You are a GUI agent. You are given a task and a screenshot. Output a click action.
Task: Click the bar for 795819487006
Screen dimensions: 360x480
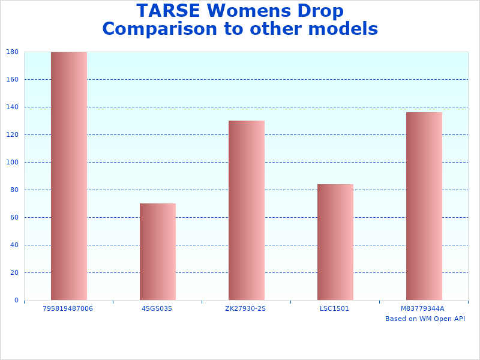(69, 176)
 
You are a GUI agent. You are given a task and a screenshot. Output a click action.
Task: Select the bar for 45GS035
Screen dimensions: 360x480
(158, 251)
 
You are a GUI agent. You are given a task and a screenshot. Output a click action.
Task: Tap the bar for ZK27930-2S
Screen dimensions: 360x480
(247, 210)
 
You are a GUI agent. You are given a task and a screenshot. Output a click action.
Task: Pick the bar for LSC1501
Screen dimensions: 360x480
(335, 242)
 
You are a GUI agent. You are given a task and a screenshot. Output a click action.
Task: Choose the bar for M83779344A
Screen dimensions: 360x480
(424, 206)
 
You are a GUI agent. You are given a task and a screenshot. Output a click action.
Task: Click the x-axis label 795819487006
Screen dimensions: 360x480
(68, 308)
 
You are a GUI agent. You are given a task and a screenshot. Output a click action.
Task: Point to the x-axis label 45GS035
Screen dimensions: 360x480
(157, 308)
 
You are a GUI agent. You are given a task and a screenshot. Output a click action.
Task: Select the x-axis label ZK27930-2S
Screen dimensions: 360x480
(245, 308)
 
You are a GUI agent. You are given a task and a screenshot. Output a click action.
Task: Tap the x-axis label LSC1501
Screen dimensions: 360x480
(334, 308)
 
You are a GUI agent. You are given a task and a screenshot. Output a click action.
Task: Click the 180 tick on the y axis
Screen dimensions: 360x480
(12, 52)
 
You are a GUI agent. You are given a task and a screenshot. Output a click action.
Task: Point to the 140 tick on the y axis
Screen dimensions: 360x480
(12, 107)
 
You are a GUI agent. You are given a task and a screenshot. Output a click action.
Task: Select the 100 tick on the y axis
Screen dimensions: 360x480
(12, 163)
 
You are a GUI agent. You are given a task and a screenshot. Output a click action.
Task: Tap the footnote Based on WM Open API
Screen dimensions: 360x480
(425, 319)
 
